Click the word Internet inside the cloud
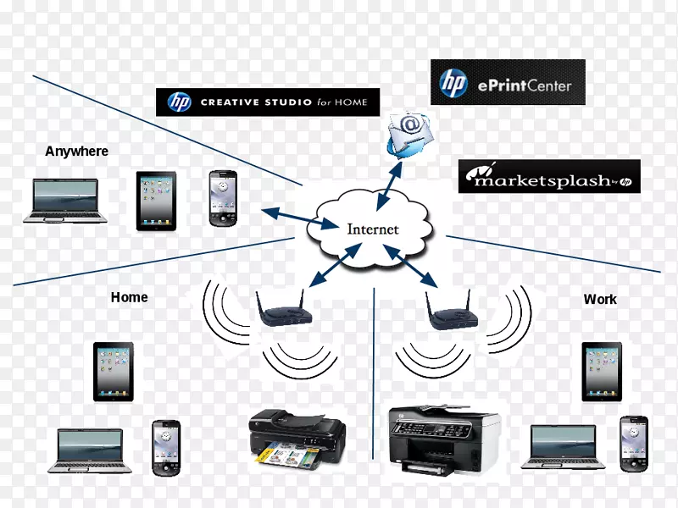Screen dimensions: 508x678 pyautogui.click(x=372, y=229)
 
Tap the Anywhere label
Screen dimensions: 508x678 pyautogui.click(x=76, y=152)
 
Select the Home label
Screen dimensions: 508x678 pyautogui.click(x=129, y=297)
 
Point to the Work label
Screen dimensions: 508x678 pyautogui.click(x=600, y=299)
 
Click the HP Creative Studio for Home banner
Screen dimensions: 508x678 pyautogui.click(x=268, y=102)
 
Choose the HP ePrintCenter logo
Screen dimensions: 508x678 pyautogui.click(x=508, y=82)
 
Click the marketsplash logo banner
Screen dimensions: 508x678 pyautogui.click(x=549, y=176)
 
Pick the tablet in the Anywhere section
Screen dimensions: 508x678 pyautogui.click(x=157, y=201)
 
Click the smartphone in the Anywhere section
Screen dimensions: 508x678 pyautogui.click(x=222, y=199)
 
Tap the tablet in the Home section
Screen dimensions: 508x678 pyautogui.click(x=114, y=371)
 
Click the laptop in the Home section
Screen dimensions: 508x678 pyautogui.click(x=90, y=450)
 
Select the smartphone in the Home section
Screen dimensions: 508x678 pyautogui.click(x=164, y=447)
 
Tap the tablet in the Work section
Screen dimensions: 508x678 pyautogui.click(x=602, y=371)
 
